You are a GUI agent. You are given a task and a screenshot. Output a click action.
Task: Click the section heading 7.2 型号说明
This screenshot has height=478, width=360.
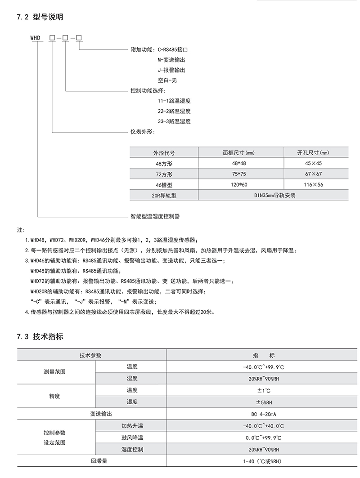coord(40,18)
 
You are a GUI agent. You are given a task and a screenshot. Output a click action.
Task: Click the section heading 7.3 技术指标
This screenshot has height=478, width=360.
coord(40,337)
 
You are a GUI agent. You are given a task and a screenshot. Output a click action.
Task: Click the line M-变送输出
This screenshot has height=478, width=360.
coord(171,60)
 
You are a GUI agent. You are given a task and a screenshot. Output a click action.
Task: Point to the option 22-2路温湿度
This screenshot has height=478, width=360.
coord(174,111)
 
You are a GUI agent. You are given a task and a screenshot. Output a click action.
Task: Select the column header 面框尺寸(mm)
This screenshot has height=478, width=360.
coord(238,152)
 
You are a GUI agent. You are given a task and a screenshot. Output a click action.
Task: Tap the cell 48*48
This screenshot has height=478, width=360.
coord(238,163)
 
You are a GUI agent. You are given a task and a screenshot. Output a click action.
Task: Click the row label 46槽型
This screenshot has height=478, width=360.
coord(164,184)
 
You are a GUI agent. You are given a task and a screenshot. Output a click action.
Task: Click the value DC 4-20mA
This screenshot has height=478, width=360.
coord(263,414)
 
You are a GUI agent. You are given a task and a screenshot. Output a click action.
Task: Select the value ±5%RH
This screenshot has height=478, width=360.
coord(263,402)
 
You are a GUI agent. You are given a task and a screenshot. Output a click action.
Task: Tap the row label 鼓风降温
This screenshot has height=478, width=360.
coord(132,437)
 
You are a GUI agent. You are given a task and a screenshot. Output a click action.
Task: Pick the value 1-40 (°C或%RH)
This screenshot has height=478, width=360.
coord(263,461)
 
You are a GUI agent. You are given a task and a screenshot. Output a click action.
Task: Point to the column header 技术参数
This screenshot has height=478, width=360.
coord(90,355)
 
